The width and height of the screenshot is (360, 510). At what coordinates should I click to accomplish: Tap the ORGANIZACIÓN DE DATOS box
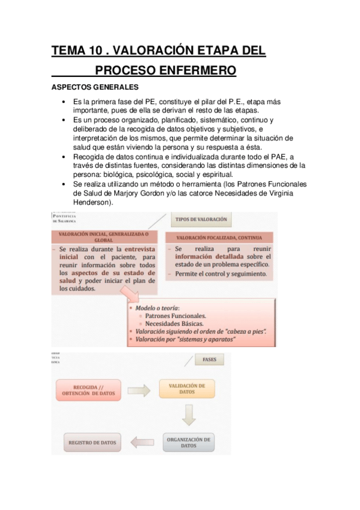coord(188,443)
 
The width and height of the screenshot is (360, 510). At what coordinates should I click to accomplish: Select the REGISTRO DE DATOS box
coord(91,443)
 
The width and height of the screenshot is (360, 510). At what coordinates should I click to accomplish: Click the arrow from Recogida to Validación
coord(138,390)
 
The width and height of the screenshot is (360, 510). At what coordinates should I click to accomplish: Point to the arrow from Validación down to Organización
coord(189,416)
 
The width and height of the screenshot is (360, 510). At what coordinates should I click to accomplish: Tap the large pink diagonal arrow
coord(135,294)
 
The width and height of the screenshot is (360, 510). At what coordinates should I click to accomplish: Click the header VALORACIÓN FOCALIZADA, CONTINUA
coord(215,238)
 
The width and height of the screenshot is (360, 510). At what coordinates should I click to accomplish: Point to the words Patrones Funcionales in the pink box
coord(175,315)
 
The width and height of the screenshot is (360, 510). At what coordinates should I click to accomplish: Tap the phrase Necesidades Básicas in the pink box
coord(175,323)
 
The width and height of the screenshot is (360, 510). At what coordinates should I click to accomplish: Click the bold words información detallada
coord(210,257)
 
